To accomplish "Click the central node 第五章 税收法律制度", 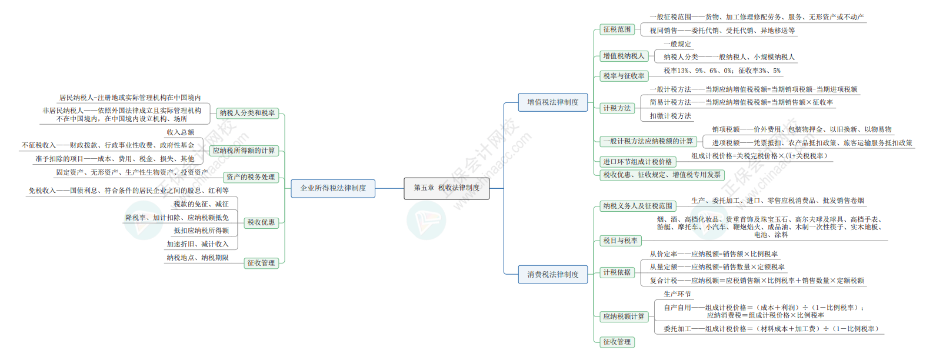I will [x=446, y=188].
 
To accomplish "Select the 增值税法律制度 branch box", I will [x=552, y=102].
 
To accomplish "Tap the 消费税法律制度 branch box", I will [x=552, y=274].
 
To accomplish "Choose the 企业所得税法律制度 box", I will [x=333, y=188].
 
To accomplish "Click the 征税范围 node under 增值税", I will [x=617, y=29].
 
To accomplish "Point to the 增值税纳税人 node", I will [x=624, y=56].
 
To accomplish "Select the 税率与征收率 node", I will [x=624, y=76].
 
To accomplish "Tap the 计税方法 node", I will [x=617, y=108].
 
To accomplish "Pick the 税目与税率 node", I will [x=620, y=241].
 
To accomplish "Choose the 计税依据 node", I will [x=617, y=272].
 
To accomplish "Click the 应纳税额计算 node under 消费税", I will [x=624, y=316].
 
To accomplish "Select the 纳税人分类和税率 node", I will [x=247, y=113].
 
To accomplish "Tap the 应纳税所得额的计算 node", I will [x=244, y=151].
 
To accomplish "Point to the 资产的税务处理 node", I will [x=251, y=177].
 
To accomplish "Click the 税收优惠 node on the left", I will [x=261, y=222].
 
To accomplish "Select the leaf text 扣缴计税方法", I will [x=670, y=116].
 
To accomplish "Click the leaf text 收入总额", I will [x=180, y=132].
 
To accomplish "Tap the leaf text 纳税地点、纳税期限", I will [x=198, y=258].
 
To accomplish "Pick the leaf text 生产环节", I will [x=677, y=294].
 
